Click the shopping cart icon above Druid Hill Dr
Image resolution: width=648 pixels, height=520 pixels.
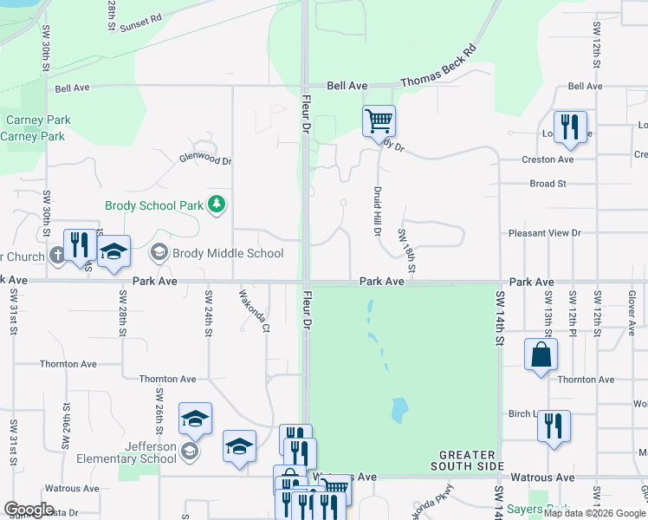coord(379,120)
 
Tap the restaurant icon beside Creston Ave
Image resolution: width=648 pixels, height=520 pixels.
coord(570,127)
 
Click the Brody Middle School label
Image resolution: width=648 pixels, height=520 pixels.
coord(228,253)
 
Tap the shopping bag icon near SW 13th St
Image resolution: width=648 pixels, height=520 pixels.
coord(541,354)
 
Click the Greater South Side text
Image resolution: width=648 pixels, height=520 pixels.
coord(467,460)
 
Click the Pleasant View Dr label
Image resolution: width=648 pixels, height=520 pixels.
coord(544,233)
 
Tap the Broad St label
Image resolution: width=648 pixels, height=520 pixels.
coord(548,184)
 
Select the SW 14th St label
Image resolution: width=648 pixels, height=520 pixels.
coord(499,318)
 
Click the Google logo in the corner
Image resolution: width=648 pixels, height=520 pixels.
coord(29,510)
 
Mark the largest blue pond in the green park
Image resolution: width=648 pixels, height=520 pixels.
coord(399,408)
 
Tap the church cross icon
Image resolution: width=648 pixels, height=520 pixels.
coord(57,255)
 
